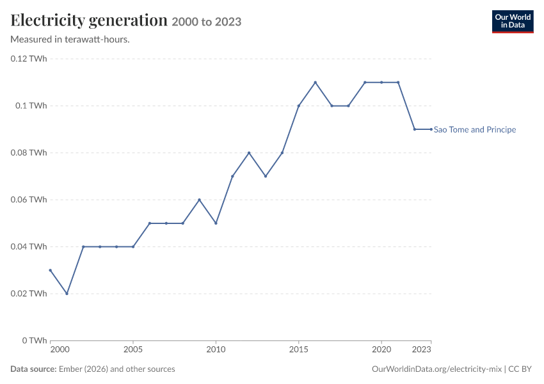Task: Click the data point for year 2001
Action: [x=67, y=294]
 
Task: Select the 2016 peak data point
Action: [x=316, y=82]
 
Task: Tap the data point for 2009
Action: [x=200, y=200]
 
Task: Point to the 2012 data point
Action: [x=249, y=152]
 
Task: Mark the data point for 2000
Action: [x=51, y=270]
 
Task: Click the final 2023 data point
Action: [x=431, y=129]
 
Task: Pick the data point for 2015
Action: [x=299, y=106]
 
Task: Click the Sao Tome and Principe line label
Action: [x=475, y=130]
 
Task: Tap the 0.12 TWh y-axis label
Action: [x=29, y=59]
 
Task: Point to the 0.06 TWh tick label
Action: [x=29, y=200]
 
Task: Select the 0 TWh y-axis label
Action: [x=35, y=340]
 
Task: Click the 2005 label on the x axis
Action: [x=133, y=349]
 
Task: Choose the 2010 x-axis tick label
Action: [x=216, y=349]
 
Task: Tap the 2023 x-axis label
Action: [x=422, y=349]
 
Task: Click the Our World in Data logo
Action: [x=513, y=22]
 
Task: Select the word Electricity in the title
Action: [x=48, y=20]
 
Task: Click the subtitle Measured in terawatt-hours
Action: [x=70, y=40]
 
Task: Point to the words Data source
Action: [x=33, y=369]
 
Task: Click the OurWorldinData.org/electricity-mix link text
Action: [x=436, y=369]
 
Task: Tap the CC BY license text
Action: [x=520, y=369]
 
